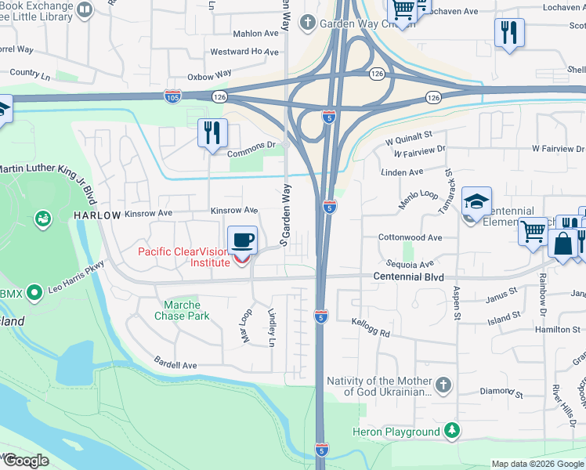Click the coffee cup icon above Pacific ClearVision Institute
click(242, 240)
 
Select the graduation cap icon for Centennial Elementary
click(476, 201)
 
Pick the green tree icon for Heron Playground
click(451, 430)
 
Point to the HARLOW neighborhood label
click(97, 215)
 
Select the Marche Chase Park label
click(187, 310)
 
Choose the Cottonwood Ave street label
click(410, 237)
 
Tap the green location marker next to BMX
click(33, 293)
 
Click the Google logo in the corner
click(25, 461)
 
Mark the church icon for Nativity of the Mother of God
click(443, 385)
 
